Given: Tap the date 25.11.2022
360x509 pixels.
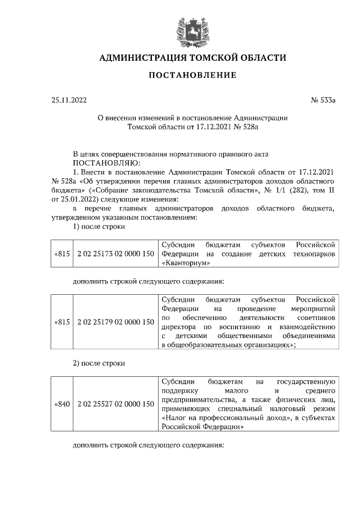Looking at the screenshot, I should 69,101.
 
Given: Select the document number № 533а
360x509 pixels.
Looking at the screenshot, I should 323,101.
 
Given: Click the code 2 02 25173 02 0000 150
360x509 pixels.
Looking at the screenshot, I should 116,254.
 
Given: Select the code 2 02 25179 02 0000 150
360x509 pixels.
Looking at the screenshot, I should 116,322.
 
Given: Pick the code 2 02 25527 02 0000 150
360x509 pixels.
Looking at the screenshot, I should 116,404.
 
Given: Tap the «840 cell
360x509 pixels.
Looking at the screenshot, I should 61,404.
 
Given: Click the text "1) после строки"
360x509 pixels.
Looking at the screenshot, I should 99,227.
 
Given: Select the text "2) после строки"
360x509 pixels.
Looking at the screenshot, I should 99,363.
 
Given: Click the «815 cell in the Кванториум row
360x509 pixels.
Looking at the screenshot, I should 61,254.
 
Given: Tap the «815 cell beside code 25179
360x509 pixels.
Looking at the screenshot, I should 61,322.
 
